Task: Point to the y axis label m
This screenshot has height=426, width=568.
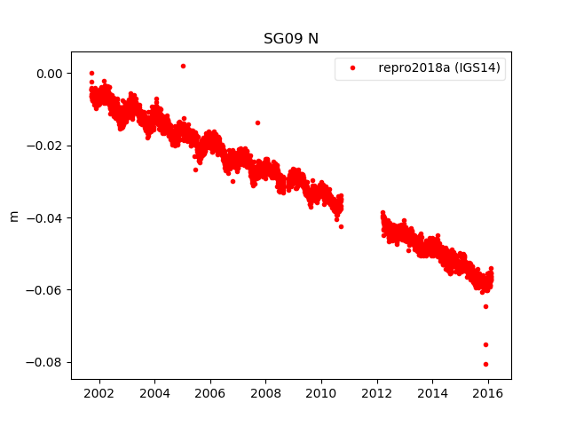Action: tap(13, 216)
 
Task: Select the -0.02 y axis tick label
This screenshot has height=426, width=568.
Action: tap(45, 146)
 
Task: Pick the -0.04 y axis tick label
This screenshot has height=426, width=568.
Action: tap(45, 218)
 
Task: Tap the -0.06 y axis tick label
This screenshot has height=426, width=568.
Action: tap(45, 290)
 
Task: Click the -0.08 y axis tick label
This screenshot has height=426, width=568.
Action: tap(45, 362)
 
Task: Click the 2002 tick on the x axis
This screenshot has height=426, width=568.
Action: tap(99, 392)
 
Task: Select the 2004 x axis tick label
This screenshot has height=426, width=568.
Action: tap(154, 392)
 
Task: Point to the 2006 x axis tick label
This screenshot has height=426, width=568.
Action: tap(209, 392)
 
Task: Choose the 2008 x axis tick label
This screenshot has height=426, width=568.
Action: tap(265, 392)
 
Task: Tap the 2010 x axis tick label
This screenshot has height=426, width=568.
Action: tap(321, 392)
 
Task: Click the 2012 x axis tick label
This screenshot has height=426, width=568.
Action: tap(377, 392)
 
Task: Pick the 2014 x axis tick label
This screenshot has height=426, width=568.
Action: tap(433, 392)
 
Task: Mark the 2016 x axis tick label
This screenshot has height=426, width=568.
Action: tap(488, 392)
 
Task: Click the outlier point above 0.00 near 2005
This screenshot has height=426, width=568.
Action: tap(183, 66)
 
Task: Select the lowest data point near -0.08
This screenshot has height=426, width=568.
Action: tap(485, 364)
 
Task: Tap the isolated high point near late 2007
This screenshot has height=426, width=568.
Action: tap(257, 122)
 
